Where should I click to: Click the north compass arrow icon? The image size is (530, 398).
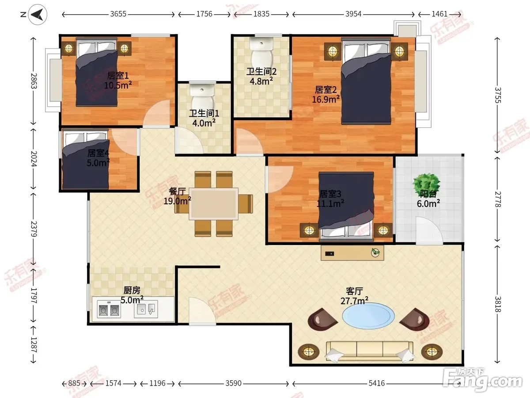tap(38, 15)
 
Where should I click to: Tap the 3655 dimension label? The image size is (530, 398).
tap(118, 14)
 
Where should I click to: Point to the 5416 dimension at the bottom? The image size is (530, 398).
tap(377, 383)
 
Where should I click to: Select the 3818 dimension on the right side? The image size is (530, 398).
tap(497, 304)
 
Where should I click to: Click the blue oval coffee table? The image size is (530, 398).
tap(368, 316)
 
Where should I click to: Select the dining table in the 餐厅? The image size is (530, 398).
tap(213, 204)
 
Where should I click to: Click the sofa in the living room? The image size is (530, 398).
tap(369, 352)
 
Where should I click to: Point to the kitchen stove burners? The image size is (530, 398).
tap(109, 309)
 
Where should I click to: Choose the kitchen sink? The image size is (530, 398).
tap(146, 309)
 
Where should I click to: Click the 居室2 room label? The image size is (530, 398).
tap(326, 90)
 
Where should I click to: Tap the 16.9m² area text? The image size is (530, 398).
tap(326, 99)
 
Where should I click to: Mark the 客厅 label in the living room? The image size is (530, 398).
tap(354, 291)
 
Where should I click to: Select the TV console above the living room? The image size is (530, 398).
tap(352, 253)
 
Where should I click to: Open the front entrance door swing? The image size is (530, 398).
tap(202, 311)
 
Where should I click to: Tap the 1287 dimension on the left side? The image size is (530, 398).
tap(34, 345)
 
